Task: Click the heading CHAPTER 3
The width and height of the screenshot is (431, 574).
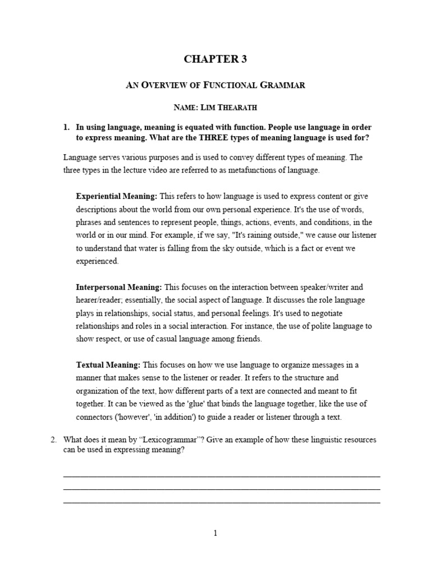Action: pyautogui.click(x=215, y=60)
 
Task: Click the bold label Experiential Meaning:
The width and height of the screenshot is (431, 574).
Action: pyautogui.click(x=117, y=196)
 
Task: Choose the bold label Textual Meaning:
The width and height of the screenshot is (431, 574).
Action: pyautogui.click(x=109, y=365)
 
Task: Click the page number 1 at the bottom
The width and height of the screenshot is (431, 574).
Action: pyautogui.click(x=215, y=533)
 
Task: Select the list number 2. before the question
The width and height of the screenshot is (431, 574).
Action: pyautogui.click(x=54, y=440)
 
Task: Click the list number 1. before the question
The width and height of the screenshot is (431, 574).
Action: pyautogui.click(x=67, y=127)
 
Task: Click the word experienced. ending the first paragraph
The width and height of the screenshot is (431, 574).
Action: pyautogui.click(x=98, y=261)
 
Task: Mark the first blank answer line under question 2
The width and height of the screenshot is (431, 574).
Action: pyautogui.click(x=222, y=476)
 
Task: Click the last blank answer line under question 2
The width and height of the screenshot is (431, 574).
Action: pyautogui.click(x=222, y=502)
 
